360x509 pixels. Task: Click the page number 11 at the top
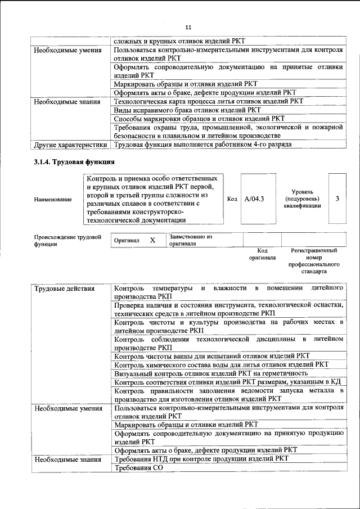coord(188,27)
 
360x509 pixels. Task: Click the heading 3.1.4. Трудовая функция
coord(68,163)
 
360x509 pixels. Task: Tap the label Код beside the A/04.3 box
coord(232,199)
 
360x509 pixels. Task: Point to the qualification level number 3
coord(336,199)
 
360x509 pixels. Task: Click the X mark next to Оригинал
coord(152,240)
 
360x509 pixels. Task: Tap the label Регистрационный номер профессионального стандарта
coord(314,260)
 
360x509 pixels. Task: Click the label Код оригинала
coord(262,254)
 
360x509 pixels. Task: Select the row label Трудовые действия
coord(57,289)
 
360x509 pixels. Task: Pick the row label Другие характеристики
coord(70,145)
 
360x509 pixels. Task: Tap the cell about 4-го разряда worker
coord(202,145)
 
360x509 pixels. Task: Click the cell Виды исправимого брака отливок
coord(187,110)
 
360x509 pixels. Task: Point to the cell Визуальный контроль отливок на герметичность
coord(210,373)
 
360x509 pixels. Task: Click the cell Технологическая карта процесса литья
coord(208,101)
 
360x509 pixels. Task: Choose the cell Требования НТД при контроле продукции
coord(201,459)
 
